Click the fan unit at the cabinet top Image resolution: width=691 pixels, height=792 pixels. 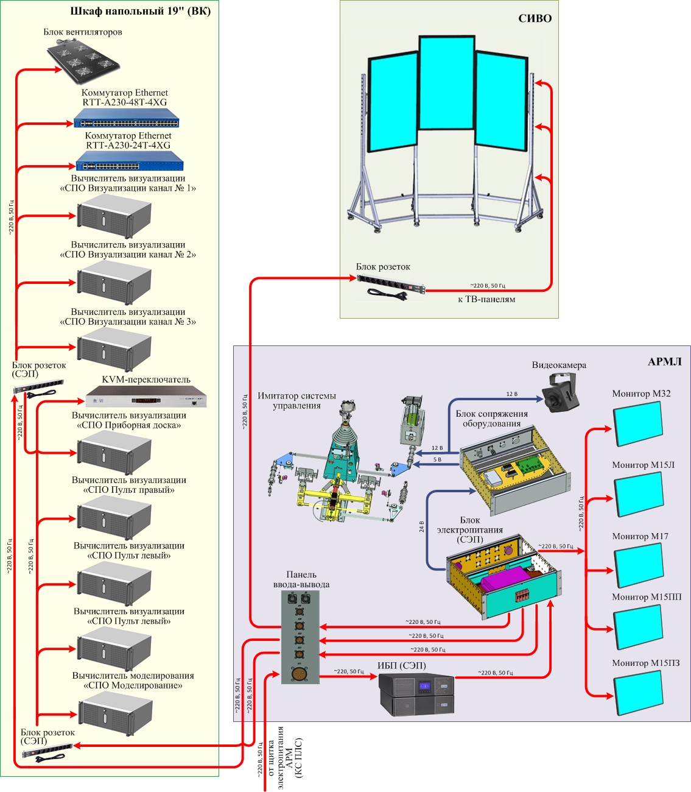click(83, 60)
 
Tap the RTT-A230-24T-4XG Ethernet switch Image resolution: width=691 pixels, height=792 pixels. click(129, 161)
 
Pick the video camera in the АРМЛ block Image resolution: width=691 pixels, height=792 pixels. click(561, 392)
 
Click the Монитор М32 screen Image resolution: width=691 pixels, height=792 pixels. click(637, 423)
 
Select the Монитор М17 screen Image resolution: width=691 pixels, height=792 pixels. click(638, 564)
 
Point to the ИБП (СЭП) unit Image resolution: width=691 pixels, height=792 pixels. click(416, 694)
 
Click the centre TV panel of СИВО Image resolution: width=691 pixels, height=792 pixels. click(446, 82)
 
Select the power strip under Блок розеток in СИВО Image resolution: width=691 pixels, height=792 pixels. click(390, 283)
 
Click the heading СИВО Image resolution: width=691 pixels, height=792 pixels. click(535, 18)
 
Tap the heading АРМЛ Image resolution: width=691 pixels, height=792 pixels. click(664, 361)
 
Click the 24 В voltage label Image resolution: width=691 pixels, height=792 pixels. click(421, 526)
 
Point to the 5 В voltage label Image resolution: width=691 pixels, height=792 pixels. click(437, 459)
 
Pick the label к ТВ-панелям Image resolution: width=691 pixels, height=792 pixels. click(486, 299)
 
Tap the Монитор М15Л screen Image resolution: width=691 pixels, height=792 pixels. click(638, 494)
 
